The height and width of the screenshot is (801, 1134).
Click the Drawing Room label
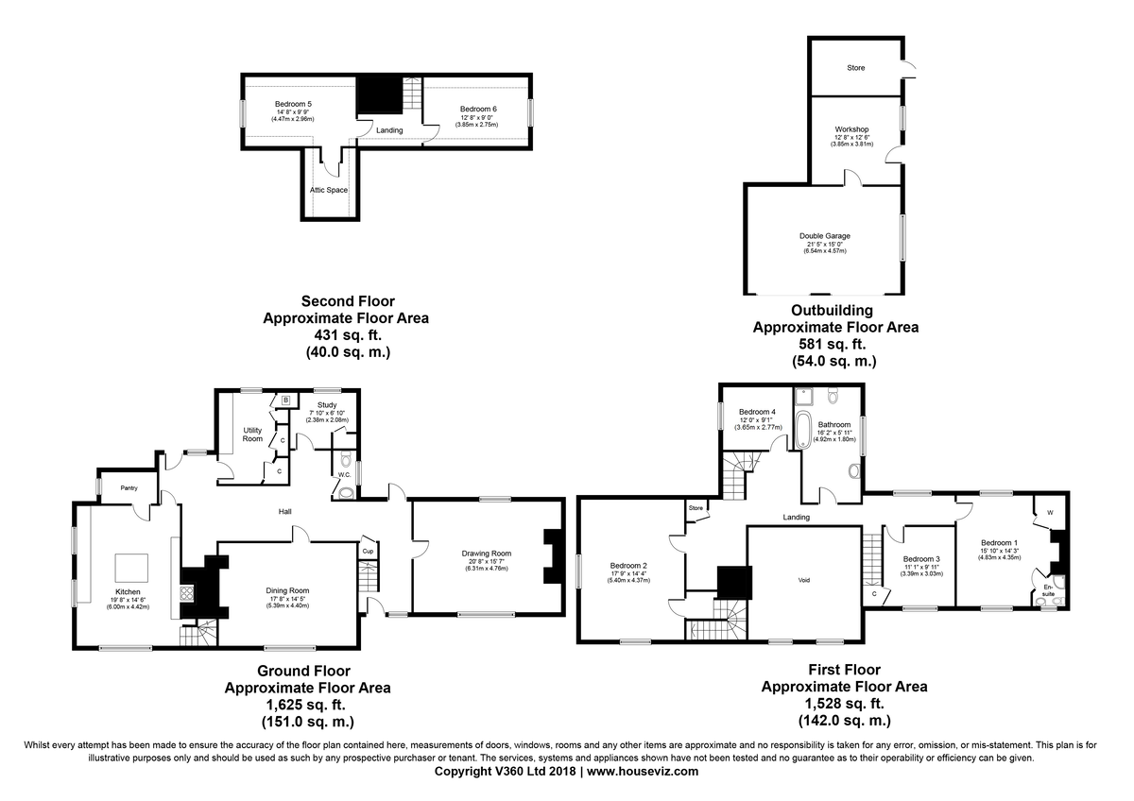point(486,554)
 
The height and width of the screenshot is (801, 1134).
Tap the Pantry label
point(129,487)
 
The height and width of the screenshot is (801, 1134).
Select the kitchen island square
point(131,568)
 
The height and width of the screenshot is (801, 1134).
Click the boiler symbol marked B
point(285,400)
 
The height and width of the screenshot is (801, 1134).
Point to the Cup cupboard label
point(368,551)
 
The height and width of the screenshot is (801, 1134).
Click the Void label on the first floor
point(804,580)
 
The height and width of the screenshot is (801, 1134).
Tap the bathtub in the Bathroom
point(803,430)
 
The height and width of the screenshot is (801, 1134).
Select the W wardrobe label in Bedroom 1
point(1050,513)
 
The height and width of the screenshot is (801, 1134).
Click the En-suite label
point(1048,590)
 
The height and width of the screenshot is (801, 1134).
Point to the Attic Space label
point(329,190)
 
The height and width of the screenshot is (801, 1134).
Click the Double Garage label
point(825,236)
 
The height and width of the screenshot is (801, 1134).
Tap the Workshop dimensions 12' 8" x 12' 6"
point(852,137)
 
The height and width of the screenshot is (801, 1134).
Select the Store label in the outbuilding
point(856,67)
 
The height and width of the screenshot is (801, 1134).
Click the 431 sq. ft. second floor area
point(349,335)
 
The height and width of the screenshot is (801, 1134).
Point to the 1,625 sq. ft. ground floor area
point(308,705)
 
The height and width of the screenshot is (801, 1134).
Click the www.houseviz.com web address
point(643,771)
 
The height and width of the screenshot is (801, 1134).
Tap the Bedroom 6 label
point(478,109)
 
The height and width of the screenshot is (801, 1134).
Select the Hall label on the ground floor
point(285,512)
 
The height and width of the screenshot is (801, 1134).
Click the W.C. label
point(344,474)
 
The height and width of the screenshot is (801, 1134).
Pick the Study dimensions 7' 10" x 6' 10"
point(327,413)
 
